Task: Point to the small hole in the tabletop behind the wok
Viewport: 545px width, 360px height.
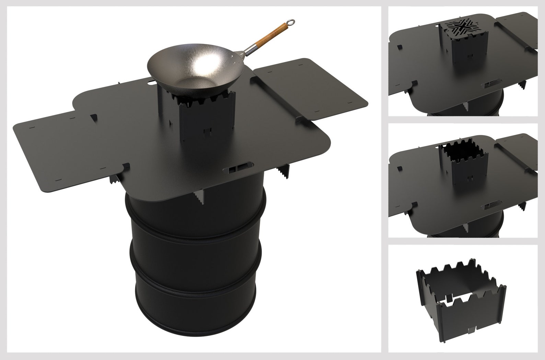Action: (x=151, y=83)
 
